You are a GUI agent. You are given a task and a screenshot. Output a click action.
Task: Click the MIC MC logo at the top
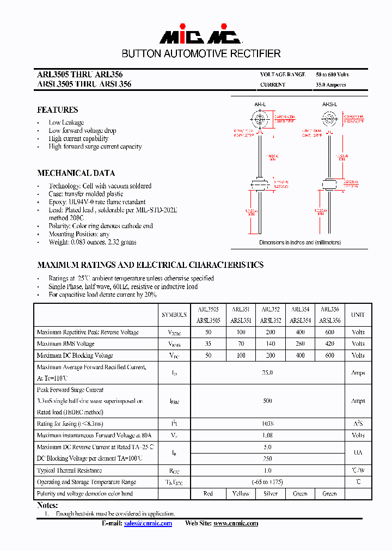(x=200, y=36)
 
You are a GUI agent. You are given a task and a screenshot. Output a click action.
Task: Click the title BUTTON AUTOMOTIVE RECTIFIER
(x=201, y=54)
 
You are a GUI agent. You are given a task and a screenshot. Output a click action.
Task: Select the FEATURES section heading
(x=57, y=110)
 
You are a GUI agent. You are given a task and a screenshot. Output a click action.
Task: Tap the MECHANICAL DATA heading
(x=76, y=173)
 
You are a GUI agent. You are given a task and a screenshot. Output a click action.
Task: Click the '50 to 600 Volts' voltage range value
(x=332, y=74)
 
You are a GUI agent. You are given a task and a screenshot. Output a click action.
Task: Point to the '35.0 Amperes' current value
(x=330, y=85)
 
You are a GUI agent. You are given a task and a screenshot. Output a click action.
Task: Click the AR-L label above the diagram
(x=260, y=104)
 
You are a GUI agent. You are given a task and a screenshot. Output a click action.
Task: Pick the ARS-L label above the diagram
(x=329, y=104)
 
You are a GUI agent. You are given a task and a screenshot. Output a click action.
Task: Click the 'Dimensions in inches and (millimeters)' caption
(x=299, y=242)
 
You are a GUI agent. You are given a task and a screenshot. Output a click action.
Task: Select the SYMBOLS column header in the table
(x=174, y=315)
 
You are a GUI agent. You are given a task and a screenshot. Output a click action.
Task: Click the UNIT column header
(x=358, y=315)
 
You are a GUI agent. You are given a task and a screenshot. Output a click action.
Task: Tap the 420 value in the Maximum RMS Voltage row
(x=329, y=344)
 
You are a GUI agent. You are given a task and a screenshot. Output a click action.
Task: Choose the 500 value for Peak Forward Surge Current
(x=267, y=401)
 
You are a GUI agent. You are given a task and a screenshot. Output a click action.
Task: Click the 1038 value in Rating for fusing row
(x=267, y=424)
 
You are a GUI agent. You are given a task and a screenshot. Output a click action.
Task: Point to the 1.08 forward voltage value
(x=267, y=435)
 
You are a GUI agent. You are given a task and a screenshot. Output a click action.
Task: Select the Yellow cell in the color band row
(x=241, y=493)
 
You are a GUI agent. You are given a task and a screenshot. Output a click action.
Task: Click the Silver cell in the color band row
(x=270, y=493)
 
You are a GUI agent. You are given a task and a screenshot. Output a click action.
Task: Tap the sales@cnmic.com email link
(x=148, y=523)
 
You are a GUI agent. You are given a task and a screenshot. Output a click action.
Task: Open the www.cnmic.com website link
(x=235, y=523)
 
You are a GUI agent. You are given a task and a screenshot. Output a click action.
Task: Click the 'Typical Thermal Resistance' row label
(x=69, y=470)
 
